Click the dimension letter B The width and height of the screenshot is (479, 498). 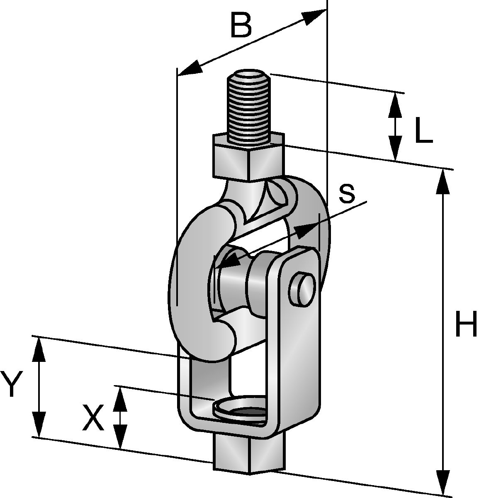pyautogui.click(x=241, y=25)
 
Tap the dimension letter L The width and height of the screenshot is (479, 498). pyautogui.click(x=424, y=130)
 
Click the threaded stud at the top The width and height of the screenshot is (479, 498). pyautogui.click(x=248, y=107)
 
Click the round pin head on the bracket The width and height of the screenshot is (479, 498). pyautogui.click(x=302, y=289)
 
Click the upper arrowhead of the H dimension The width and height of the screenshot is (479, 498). pyautogui.click(x=443, y=182)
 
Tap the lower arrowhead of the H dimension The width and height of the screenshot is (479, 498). pyautogui.click(x=443, y=481)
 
